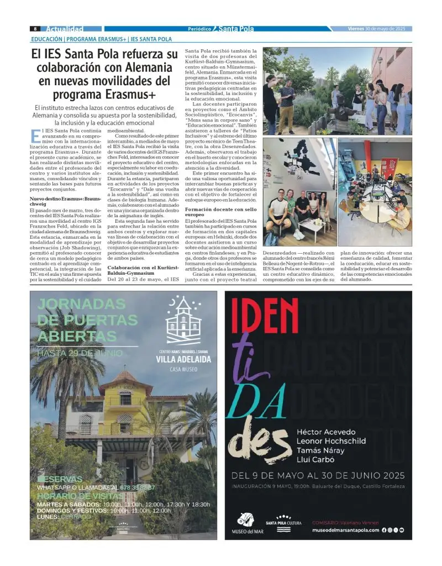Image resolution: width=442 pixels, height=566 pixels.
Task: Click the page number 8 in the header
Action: click(x=35, y=29)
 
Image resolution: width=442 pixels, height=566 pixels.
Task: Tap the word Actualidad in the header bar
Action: click(x=65, y=29)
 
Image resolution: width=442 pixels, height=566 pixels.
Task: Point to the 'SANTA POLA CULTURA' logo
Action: click(x=283, y=524)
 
